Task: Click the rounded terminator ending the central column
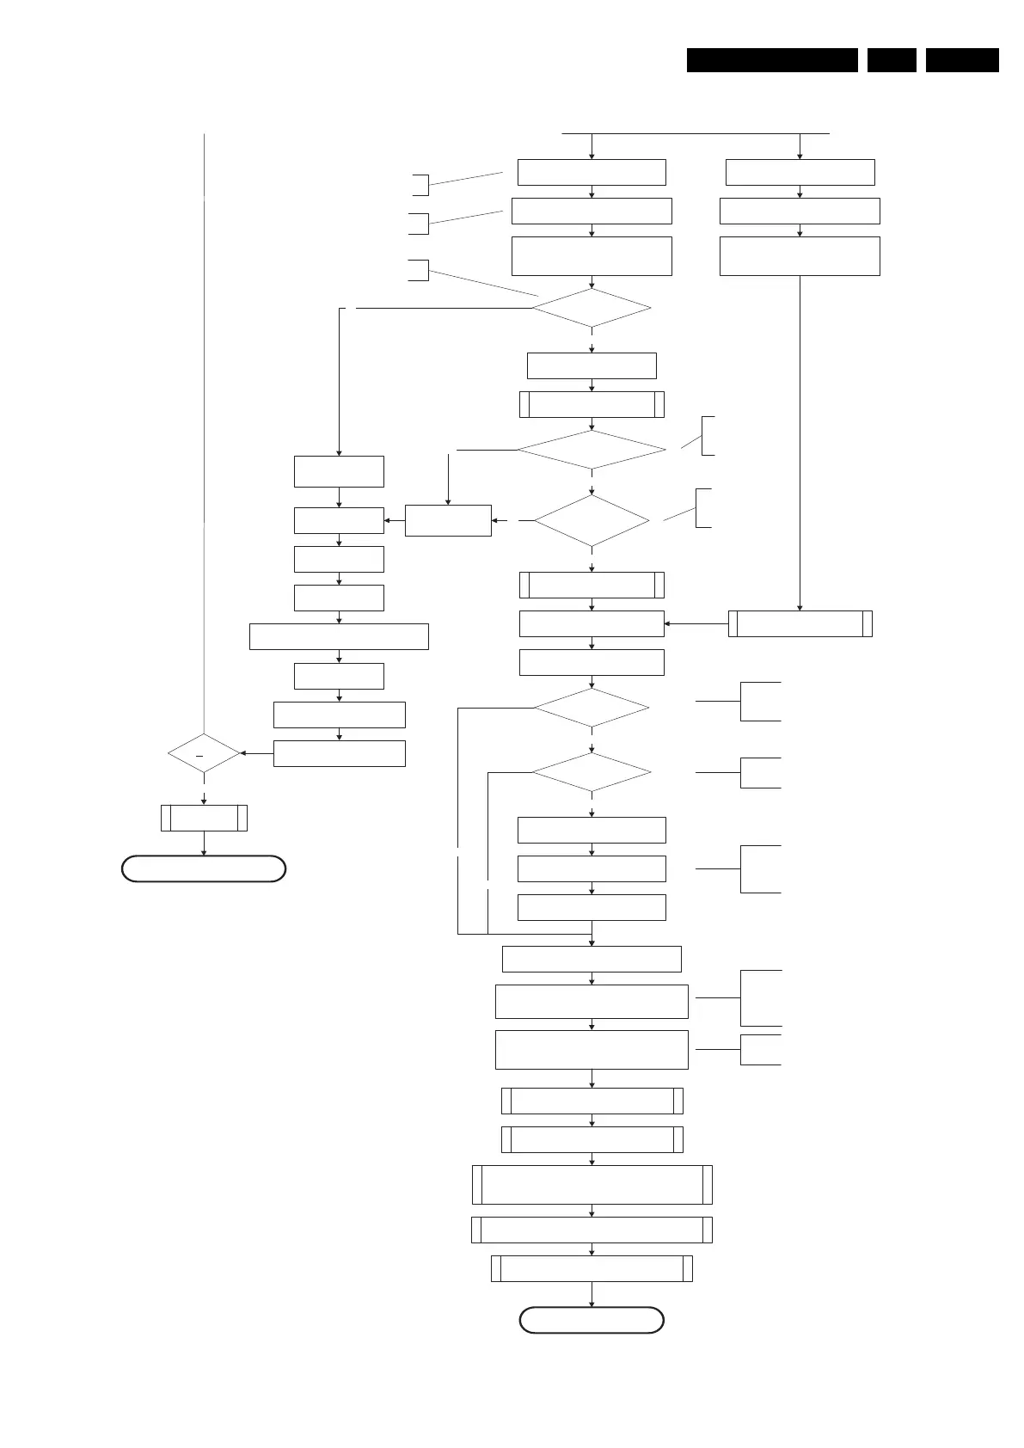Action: tap(592, 1320)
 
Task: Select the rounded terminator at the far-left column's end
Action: tap(204, 868)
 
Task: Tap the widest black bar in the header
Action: tap(772, 60)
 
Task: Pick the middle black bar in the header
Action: tap(892, 60)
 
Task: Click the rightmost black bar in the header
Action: tap(962, 60)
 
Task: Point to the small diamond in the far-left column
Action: tap(204, 753)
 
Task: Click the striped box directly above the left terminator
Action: tap(204, 818)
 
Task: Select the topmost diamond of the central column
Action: tap(592, 308)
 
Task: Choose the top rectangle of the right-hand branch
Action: tap(800, 172)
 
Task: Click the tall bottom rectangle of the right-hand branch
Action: tap(800, 256)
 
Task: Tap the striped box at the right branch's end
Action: tap(800, 623)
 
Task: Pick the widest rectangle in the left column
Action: tap(339, 636)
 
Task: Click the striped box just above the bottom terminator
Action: tap(592, 1268)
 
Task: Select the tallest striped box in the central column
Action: tap(592, 1185)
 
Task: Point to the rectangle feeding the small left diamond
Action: tap(339, 753)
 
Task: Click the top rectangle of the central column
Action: tap(592, 172)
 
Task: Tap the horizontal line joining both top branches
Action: tap(696, 133)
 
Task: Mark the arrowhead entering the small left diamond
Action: tap(243, 753)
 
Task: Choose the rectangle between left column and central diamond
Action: tap(448, 520)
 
